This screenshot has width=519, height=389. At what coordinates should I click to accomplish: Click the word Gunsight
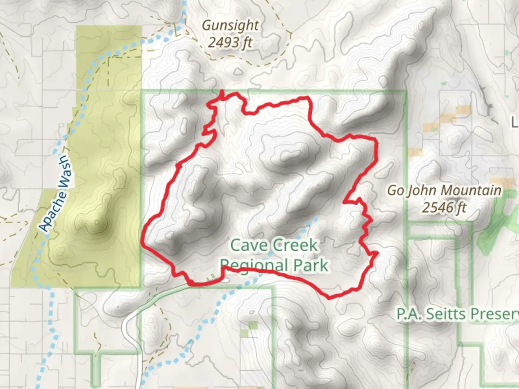[230, 26]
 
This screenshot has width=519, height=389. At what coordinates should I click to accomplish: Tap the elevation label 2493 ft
[230, 43]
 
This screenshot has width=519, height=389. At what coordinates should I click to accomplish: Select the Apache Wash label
[54, 193]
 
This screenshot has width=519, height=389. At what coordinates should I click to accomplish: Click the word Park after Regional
[311, 266]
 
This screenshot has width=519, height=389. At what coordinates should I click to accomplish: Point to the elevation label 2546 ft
[444, 208]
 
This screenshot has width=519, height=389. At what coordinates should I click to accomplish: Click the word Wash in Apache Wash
[64, 172]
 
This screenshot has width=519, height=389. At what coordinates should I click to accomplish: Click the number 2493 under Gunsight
[223, 43]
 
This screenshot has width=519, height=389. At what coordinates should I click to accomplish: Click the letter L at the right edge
[515, 123]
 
